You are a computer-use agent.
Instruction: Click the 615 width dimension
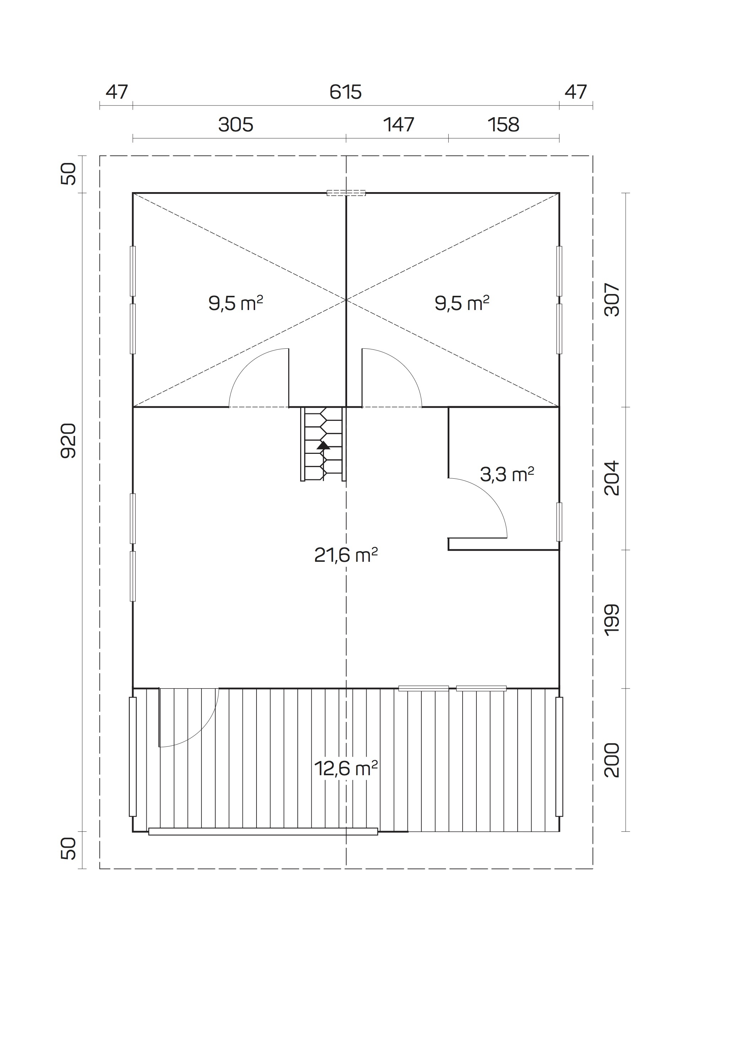[346, 92]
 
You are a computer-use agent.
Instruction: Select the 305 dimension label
[236, 124]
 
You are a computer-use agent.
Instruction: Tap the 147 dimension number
[398, 124]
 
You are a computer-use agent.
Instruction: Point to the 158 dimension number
[503, 124]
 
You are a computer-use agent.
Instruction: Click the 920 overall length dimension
[68, 441]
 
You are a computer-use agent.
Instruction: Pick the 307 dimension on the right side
[612, 300]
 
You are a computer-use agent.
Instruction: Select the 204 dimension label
[612, 478]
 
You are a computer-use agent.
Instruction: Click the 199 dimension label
[612, 619]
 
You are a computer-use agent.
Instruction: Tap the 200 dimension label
[612, 760]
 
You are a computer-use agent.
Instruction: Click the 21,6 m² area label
[346, 555]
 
